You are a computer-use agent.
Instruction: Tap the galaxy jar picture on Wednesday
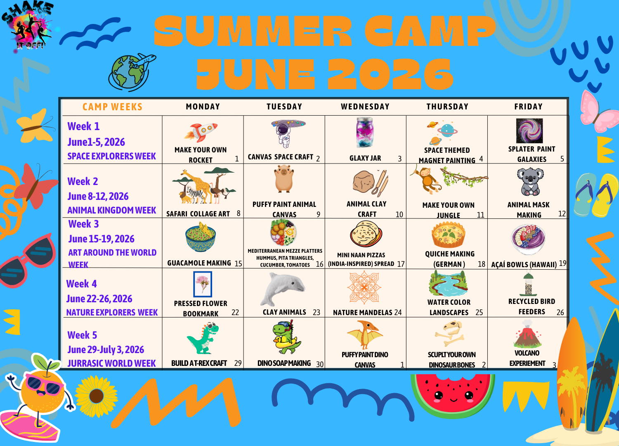365,132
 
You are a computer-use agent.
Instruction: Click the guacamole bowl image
201,237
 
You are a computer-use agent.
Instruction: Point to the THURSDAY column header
447,107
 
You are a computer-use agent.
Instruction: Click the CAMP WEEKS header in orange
112,107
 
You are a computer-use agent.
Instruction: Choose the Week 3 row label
83,224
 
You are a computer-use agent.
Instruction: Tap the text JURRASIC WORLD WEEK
111,363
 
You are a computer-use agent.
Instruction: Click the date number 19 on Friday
562,263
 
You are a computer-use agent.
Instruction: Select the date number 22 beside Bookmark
235,313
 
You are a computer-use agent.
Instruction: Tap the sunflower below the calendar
97,396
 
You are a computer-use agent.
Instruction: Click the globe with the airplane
131,71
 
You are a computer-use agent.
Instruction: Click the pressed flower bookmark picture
203,284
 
